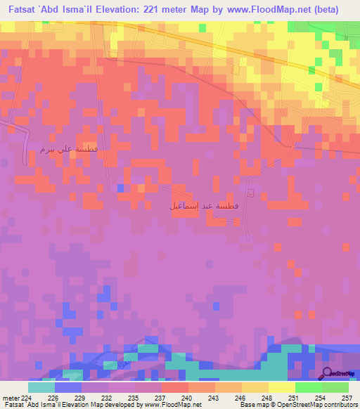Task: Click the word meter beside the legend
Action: (x=11, y=398)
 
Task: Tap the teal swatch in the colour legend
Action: (x=41, y=387)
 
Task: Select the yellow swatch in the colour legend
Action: (x=281, y=387)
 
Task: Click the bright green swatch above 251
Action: (x=308, y=387)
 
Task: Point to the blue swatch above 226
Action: (x=68, y=387)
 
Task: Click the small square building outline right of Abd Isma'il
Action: (x=251, y=193)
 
